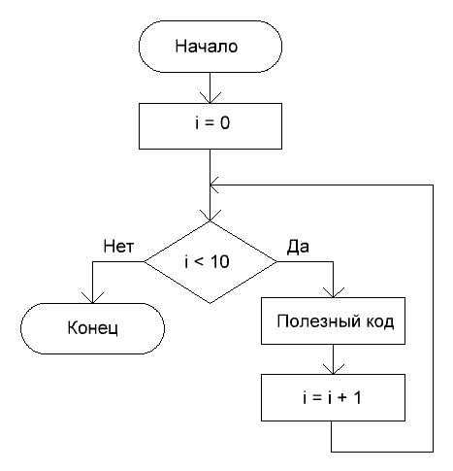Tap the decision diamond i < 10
(210, 262)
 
